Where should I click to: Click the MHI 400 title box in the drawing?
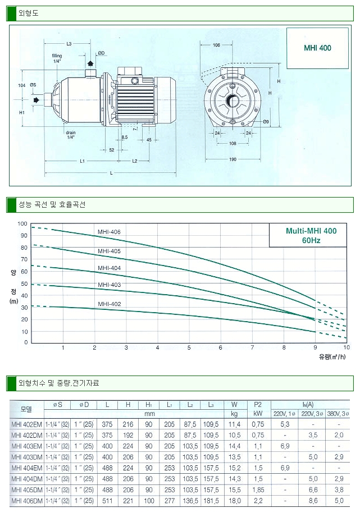coord(317,48)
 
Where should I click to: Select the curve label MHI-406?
coord(109,232)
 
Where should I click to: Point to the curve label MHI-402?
coord(109,304)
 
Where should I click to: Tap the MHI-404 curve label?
coord(109,268)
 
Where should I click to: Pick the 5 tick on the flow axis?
coord(189,348)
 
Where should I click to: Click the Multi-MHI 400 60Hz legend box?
coord(311,235)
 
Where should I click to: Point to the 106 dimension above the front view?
coord(216,45)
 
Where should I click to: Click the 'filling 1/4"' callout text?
coord(57,58)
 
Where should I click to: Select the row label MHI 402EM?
coord(26,423)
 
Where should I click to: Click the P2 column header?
coord(258,404)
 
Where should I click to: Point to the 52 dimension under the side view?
coord(111,150)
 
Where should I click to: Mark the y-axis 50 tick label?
coord(24,283)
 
